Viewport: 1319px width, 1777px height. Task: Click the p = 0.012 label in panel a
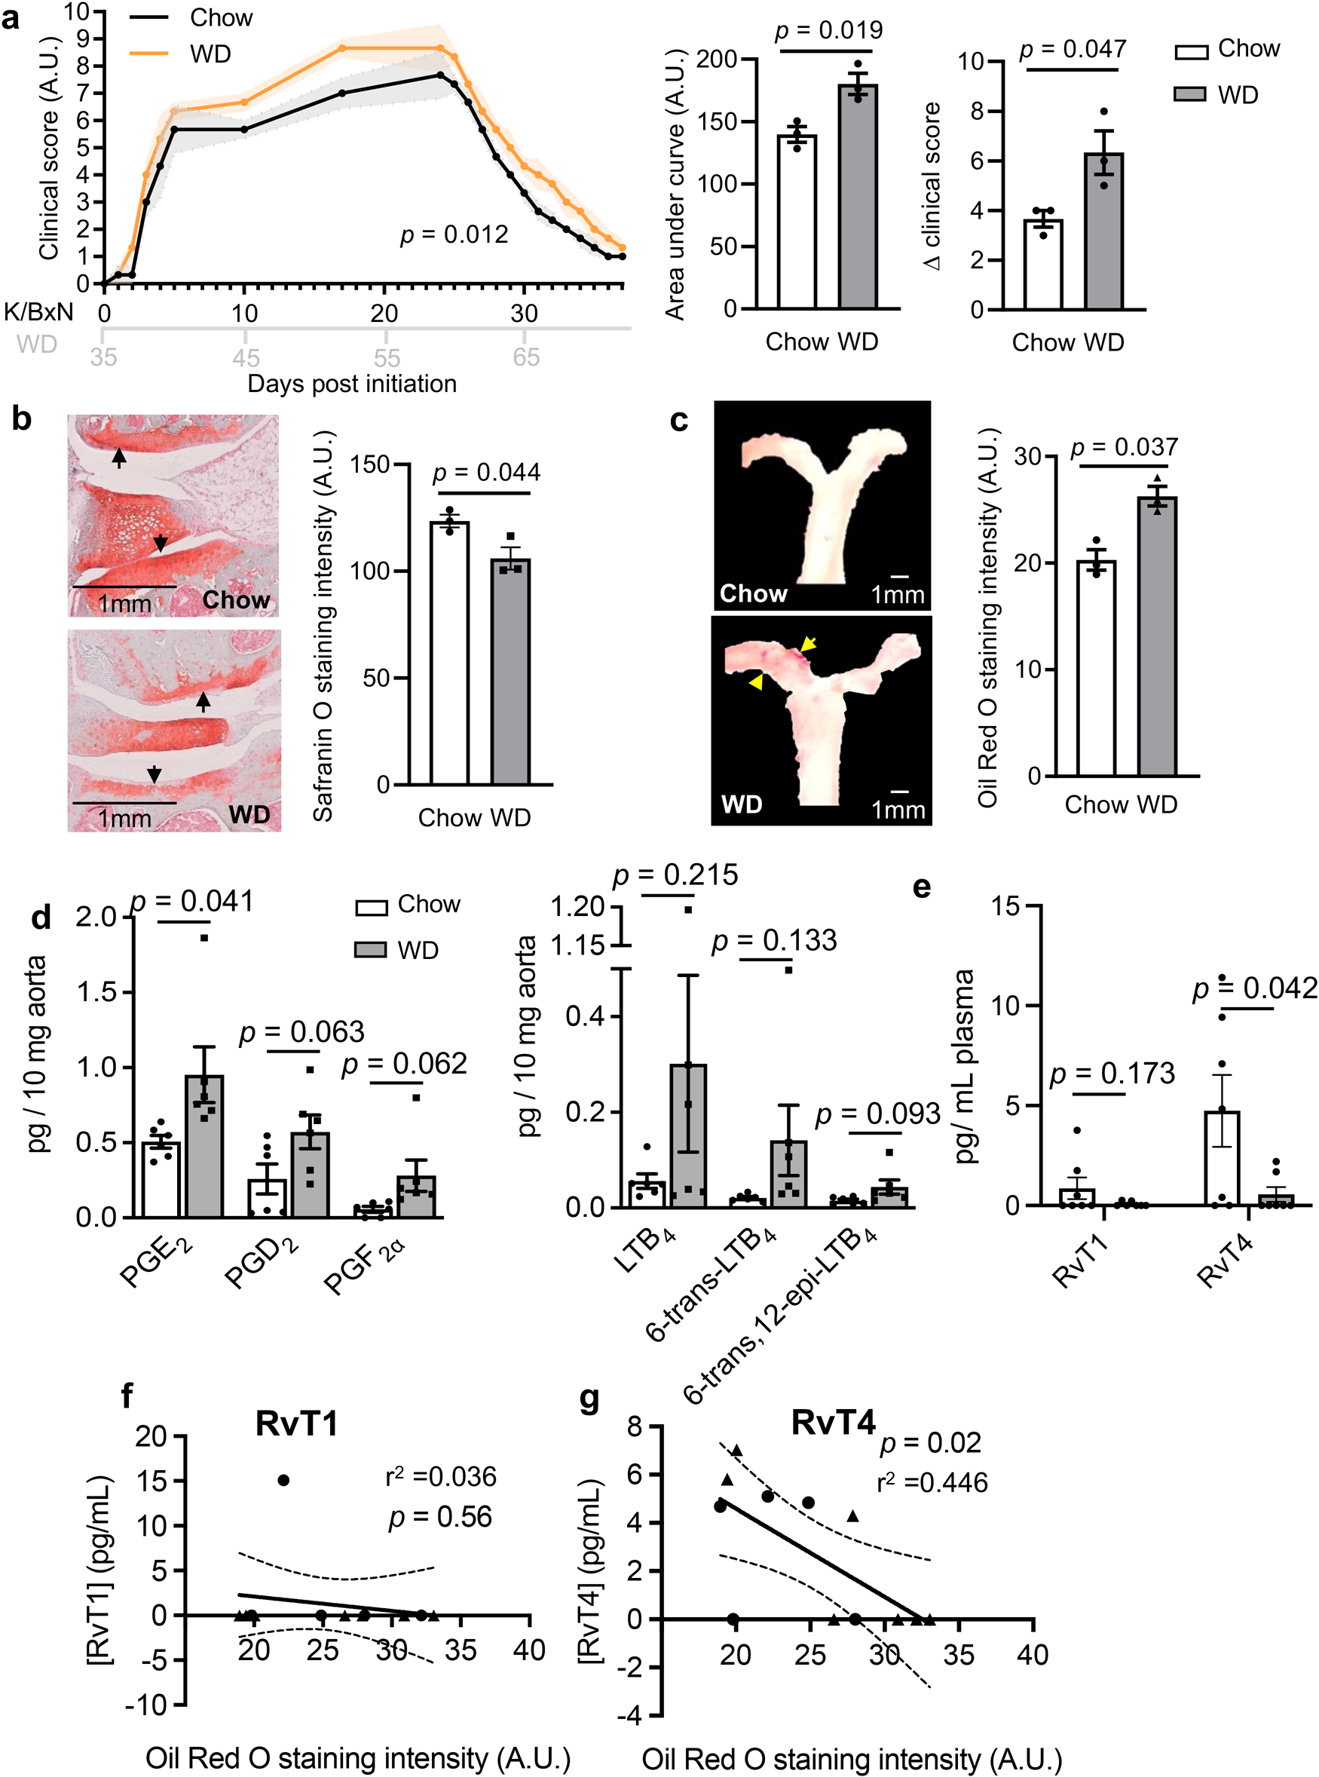pyautogui.click(x=454, y=234)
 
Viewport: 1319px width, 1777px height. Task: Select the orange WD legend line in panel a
pyautogui.click(x=149, y=54)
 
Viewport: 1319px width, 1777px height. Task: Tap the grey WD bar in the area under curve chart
pyautogui.click(x=858, y=200)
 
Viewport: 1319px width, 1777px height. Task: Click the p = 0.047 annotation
pyautogui.click(x=1073, y=50)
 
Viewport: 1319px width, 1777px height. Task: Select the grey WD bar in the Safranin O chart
pyautogui.click(x=510, y=675)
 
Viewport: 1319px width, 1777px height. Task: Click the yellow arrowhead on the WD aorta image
pyautogui.click(x=754, y=682)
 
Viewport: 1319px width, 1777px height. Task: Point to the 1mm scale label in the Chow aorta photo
pyautogui.click(x=898, y=595)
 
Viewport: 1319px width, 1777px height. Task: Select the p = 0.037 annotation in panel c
pyautogui.click(x=1123, y=447)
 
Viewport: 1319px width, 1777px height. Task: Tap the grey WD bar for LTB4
pyautogui.click(x=688, y=1135)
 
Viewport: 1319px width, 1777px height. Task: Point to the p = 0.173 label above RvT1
pyautogui.click(x=1112, y=1074)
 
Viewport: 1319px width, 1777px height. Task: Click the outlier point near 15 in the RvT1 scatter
pyautogui.click(x=283, y=1480)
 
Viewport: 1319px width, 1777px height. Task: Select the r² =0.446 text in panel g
pyautogui.click(x=932, y=1482)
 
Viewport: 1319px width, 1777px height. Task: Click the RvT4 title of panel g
pyautogui.click(x=833, y=1423)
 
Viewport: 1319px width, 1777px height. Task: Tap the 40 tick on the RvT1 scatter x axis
pyautogui.click(x=528, y=1650)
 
